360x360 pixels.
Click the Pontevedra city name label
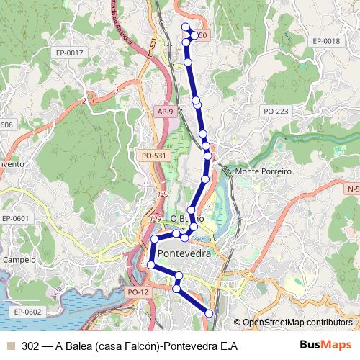[x=184, y=254]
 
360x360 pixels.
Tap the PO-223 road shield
[x=276, y=111]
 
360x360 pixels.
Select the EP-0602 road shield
[x=28, y=312]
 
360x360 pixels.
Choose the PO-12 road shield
[x=137, y=292]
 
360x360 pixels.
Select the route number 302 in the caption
[x=30, y=346]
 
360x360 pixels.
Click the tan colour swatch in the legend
[x=9, y=346]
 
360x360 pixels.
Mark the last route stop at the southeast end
[x=210, y=312]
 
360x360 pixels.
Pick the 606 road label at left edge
[x=6, y=125]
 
